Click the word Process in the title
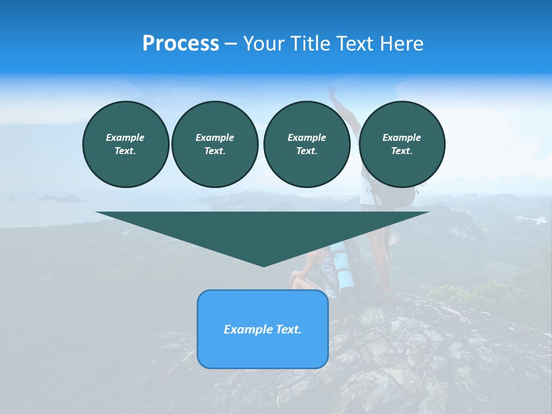181,44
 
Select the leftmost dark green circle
125,144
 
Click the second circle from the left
214,144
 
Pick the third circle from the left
306,144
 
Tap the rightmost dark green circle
401,144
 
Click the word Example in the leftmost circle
125,137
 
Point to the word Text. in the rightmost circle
401,151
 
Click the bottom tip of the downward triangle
263,265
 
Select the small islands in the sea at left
61,198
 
